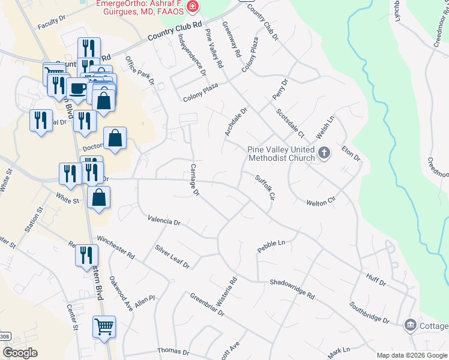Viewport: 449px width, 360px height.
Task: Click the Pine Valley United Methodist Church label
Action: point(281,154)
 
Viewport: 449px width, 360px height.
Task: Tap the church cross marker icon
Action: point(324,152)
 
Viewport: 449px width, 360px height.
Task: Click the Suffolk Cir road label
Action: point(264,187)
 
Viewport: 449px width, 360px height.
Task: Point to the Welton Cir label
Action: point(319,203)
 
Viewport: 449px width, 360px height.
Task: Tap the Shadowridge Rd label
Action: point(292,289)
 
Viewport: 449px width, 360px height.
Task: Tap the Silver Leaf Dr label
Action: point(172,256)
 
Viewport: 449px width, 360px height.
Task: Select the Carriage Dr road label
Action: point(194,180)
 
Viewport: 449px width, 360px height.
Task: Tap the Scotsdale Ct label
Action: point(291,122)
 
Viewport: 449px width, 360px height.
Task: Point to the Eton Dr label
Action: point(351,154)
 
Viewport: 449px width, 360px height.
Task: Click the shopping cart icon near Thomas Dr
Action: point(104,327)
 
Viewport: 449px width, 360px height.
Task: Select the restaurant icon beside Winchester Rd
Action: point(86,255)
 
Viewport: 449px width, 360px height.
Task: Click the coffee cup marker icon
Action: point(77,89)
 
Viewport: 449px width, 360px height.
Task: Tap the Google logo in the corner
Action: point(20,353)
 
